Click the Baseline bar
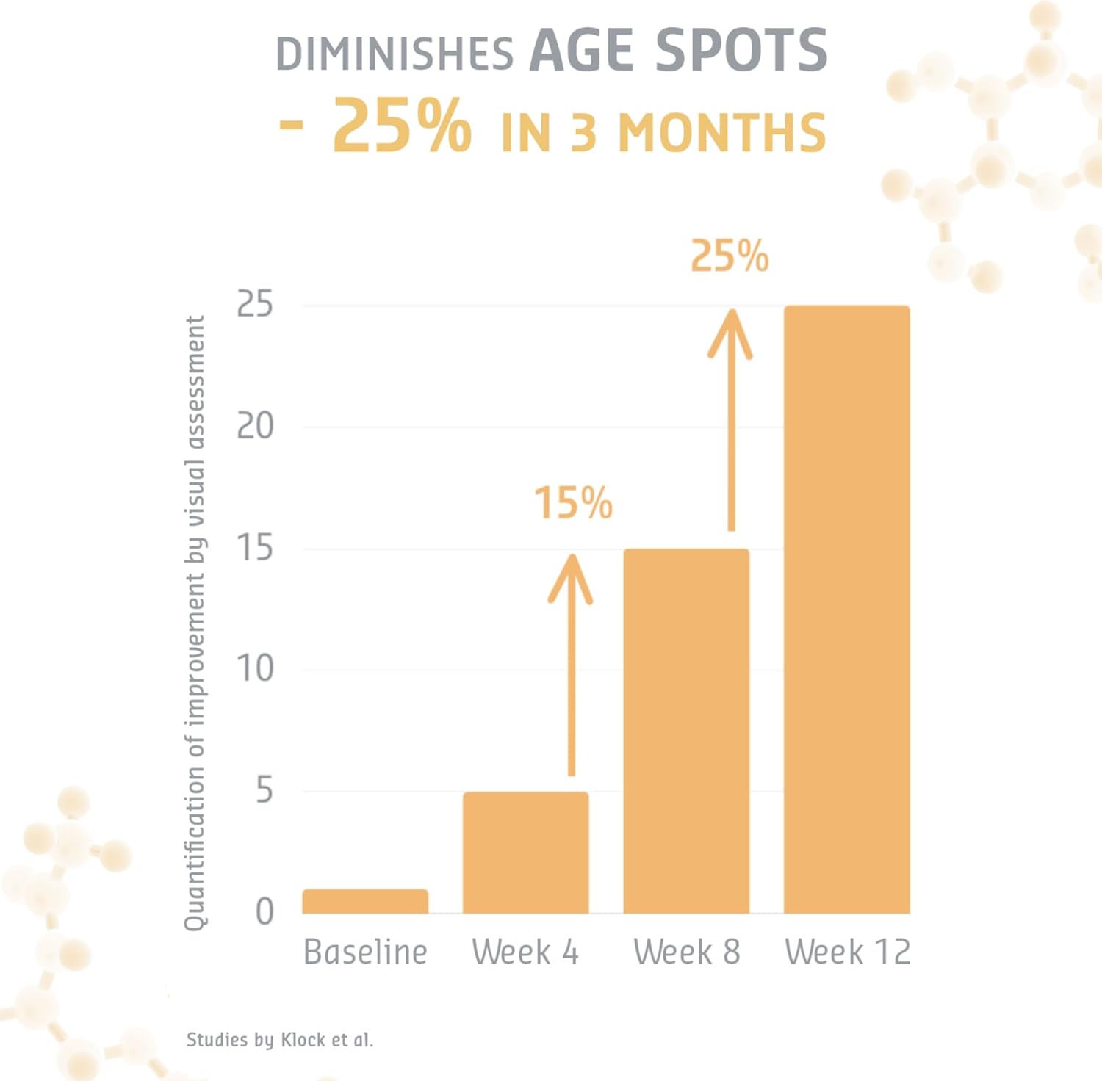pos(365,901)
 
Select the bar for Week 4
pos(525,853)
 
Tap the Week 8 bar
pos(686,731)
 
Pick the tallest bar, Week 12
pos(846,610)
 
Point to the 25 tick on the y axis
pos(255,304)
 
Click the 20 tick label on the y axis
pos(255,426)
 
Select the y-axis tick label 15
pos(255,548)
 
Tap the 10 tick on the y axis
pos(255,669)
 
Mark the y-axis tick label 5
pos(264,791)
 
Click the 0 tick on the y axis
pos(264,912)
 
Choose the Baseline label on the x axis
pos(365,952)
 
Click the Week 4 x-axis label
pos(525,952)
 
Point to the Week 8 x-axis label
pos(686,952)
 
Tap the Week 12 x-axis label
pos(847,952)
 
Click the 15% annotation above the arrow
pos(573,503)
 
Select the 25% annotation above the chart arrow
pos(730,257)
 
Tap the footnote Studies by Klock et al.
pos(279,1040)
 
